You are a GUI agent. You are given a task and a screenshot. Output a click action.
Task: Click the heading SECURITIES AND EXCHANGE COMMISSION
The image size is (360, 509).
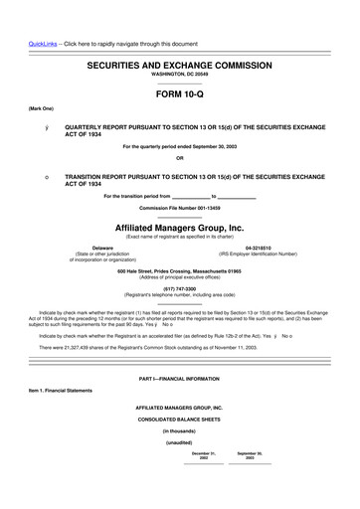point(179,65)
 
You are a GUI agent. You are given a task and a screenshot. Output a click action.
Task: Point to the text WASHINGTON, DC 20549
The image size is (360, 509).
point(179,76)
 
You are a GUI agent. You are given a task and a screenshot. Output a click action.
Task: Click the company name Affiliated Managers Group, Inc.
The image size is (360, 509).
point(179,227)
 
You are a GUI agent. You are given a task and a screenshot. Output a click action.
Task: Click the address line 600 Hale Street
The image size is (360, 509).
point(179,270)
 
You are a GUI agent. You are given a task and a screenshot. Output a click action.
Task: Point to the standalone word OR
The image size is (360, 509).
point(179,158)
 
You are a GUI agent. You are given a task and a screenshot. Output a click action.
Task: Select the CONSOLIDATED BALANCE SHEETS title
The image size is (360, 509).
point(179,421)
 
